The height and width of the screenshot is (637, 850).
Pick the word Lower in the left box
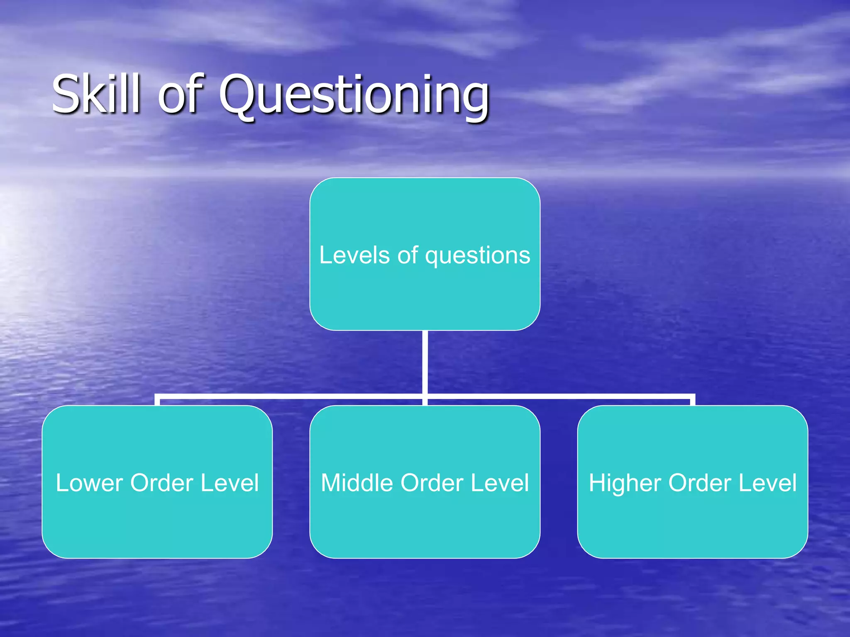tap(89, 483)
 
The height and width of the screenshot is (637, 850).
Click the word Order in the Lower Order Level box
tap(161, 483)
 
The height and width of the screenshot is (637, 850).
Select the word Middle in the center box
tap(357, 483)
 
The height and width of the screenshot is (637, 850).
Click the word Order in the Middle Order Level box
tap(432, 483)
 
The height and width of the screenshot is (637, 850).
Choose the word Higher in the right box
tap(625, 484)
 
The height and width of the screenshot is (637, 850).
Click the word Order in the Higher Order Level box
tap(699, 483)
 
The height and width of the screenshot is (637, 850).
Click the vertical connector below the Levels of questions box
tap(425, 361)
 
